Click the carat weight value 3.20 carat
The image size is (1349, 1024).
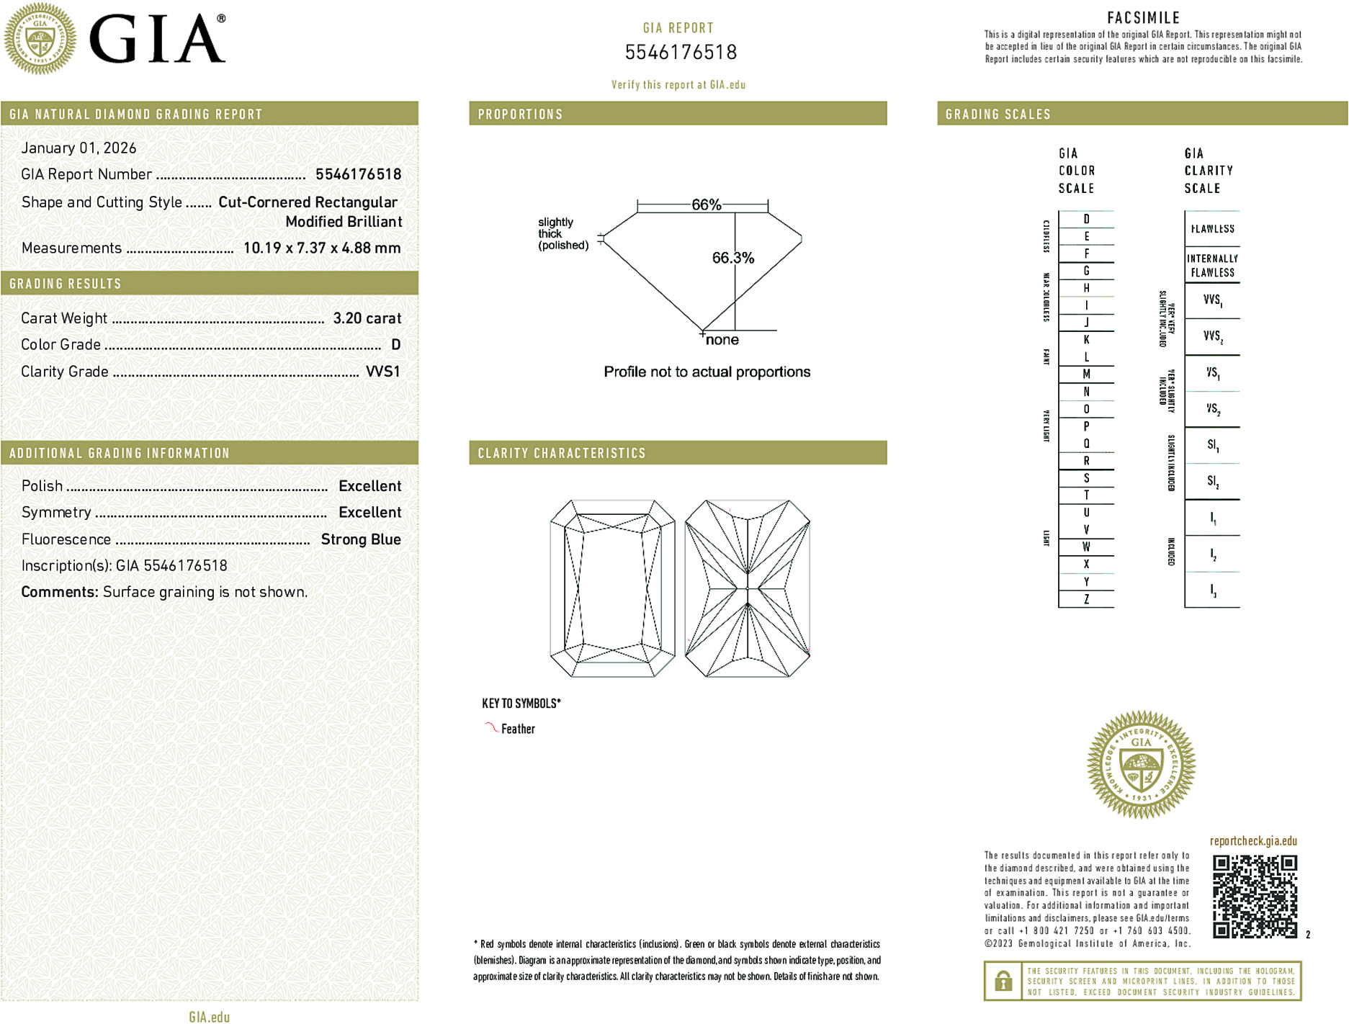[367, 318]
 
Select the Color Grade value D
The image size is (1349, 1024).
[395, 345]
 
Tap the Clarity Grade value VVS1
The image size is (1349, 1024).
[382, 372]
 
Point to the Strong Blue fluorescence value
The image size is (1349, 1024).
[360, 539]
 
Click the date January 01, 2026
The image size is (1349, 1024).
[79, 148]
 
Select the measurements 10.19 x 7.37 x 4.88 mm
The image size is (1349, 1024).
[321, 248]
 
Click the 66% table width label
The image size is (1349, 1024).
[706, 205]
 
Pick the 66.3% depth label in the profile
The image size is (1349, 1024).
[732, 258]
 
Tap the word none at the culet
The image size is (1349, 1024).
[722, 340]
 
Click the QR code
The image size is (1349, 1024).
[1254, 896]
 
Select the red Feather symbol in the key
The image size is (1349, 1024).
[491, 727]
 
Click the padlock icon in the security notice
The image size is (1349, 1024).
[1003, 981]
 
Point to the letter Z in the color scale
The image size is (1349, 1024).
[1086, 599]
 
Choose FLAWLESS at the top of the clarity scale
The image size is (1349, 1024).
[1212, 229]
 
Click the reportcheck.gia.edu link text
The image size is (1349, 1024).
[1253, 841]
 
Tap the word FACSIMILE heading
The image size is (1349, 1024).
[1143, 18]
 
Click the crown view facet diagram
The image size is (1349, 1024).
[612, 588]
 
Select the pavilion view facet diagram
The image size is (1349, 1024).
[748, 588]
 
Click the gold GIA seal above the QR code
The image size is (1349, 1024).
[1141, 765]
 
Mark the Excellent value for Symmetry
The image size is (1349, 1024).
[369, 513]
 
